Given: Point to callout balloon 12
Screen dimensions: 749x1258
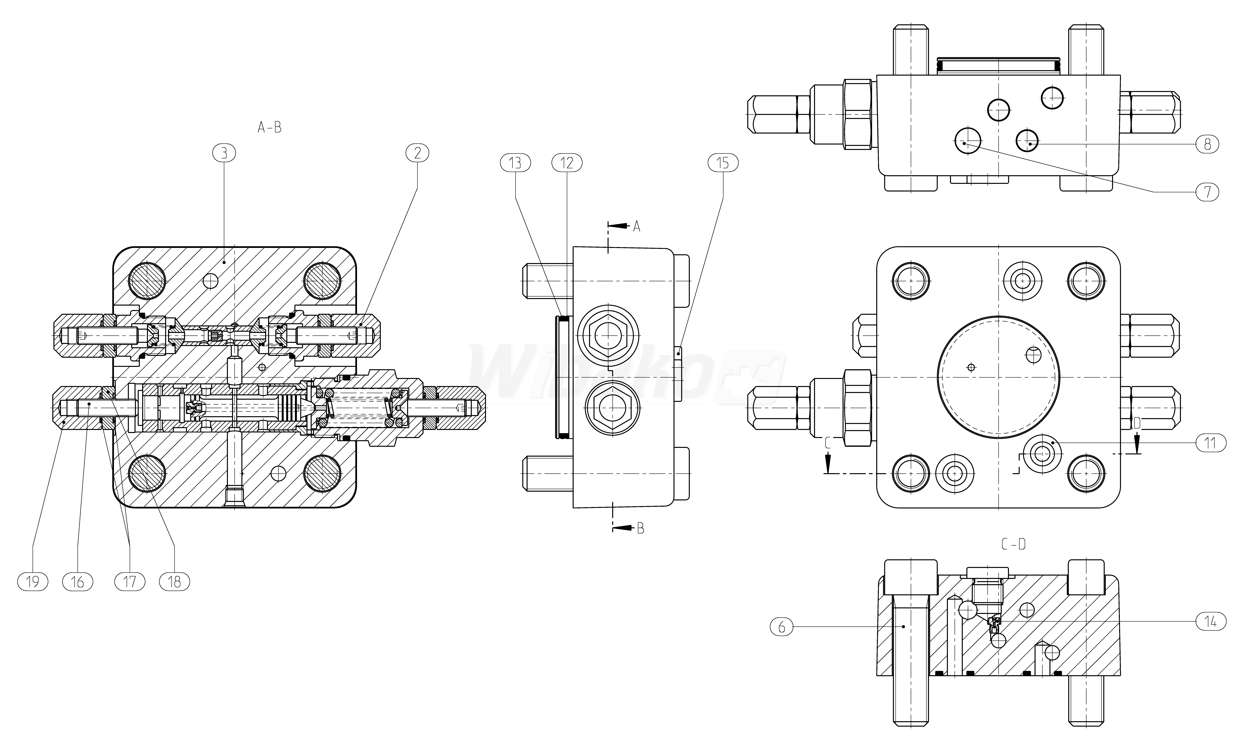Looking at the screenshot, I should pos(567,163).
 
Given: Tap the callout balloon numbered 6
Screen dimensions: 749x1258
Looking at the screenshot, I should pos(782,627).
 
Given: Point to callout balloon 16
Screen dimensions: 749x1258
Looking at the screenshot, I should pos(77,582).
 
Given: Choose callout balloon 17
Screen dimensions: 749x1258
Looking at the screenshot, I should pos(130,582).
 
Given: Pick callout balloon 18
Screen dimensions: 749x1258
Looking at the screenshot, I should pos(174,582).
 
